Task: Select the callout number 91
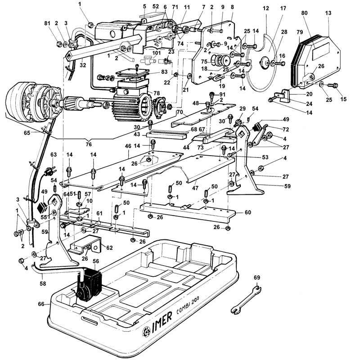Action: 223,94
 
